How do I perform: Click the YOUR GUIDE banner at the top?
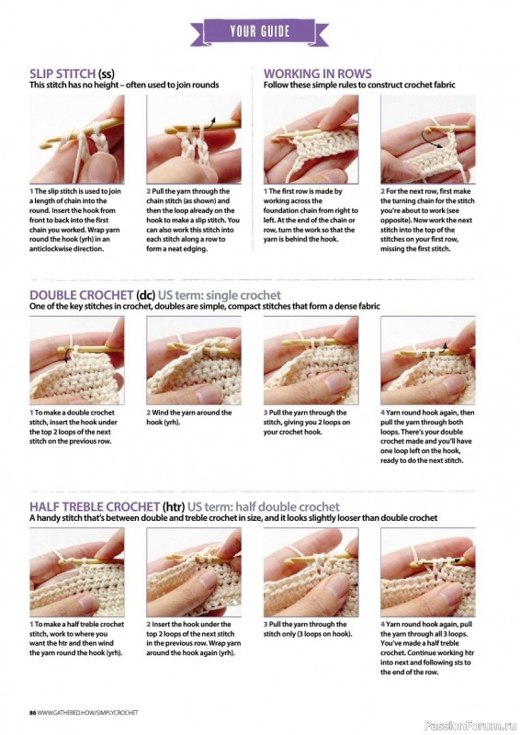point(259,32)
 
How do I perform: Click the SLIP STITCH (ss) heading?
point(72,73)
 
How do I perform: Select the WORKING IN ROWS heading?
point(318,73)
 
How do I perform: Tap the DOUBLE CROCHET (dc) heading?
point(92,295)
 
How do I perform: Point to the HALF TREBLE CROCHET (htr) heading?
point(107,507)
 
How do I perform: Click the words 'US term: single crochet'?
point(220,295)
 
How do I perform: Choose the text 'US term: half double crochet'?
point(263,507)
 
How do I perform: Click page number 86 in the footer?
point(33,713)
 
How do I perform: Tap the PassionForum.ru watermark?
point(469,726)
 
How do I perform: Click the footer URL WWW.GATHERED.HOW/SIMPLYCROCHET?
point(88,713)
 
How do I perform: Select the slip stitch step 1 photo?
point(77,139)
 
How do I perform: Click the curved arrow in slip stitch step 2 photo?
point(210,122)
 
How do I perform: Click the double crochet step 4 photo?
point(427,360)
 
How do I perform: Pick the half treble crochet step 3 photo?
point(311,571)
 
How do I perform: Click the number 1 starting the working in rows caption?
point(266,191)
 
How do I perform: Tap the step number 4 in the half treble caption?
point(382,625)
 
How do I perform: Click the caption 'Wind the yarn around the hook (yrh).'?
point(189,417)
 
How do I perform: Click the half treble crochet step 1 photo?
point(77,571)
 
